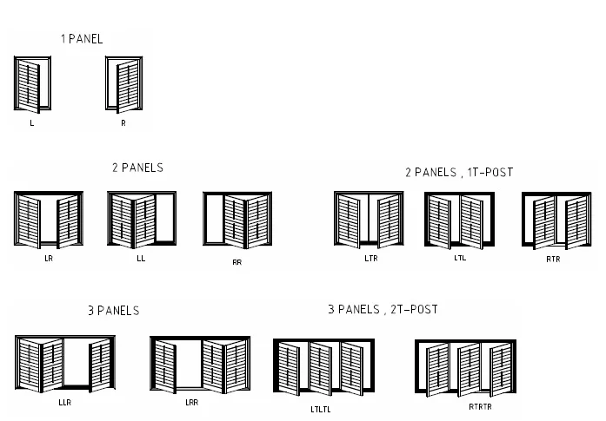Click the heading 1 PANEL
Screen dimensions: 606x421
(x=82, y=39)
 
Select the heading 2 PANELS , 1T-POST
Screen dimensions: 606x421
(x=459, y=172)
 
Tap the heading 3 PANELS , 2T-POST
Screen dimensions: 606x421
(x=383, y=309)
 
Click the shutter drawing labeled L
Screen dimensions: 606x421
(x=33, y=85)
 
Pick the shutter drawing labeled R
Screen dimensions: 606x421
(x=123, y=85)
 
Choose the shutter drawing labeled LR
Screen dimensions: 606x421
(x=49, y=221)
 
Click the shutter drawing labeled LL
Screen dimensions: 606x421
(x=142, y=220)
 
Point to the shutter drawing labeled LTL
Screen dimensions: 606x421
(x=459, y=220)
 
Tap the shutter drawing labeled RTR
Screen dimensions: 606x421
(x=556, y=221)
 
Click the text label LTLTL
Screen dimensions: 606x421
(x=321, y=409)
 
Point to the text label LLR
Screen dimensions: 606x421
(x=65, y=403)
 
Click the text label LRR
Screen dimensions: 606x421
(x=192, y=403)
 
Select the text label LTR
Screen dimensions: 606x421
(x=371, y=259)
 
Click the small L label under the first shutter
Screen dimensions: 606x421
(x=32, y=124)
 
